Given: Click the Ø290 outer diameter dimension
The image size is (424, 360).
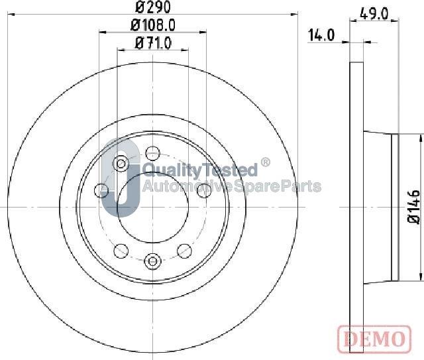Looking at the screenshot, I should pos(153,9).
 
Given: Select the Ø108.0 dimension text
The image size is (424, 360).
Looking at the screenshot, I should pos(153,26).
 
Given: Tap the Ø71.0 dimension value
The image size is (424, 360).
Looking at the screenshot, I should pos(153,43).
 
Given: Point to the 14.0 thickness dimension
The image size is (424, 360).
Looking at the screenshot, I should pos(321,36).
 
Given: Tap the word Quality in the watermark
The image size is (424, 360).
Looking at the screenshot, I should pos(175,170).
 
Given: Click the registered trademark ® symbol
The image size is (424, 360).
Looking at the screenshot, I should pos(265,162).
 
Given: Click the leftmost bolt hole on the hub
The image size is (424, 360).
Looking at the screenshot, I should pos(101,191).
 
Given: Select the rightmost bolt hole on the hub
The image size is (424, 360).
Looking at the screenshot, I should pos(203,190).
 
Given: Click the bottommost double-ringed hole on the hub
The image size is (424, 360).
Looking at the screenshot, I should pos(152,261).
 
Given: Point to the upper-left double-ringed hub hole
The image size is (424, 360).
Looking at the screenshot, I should pos(121,163).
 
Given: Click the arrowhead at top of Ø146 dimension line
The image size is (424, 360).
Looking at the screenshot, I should pos(420,137).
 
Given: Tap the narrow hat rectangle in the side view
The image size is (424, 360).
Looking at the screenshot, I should pos(395,206).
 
